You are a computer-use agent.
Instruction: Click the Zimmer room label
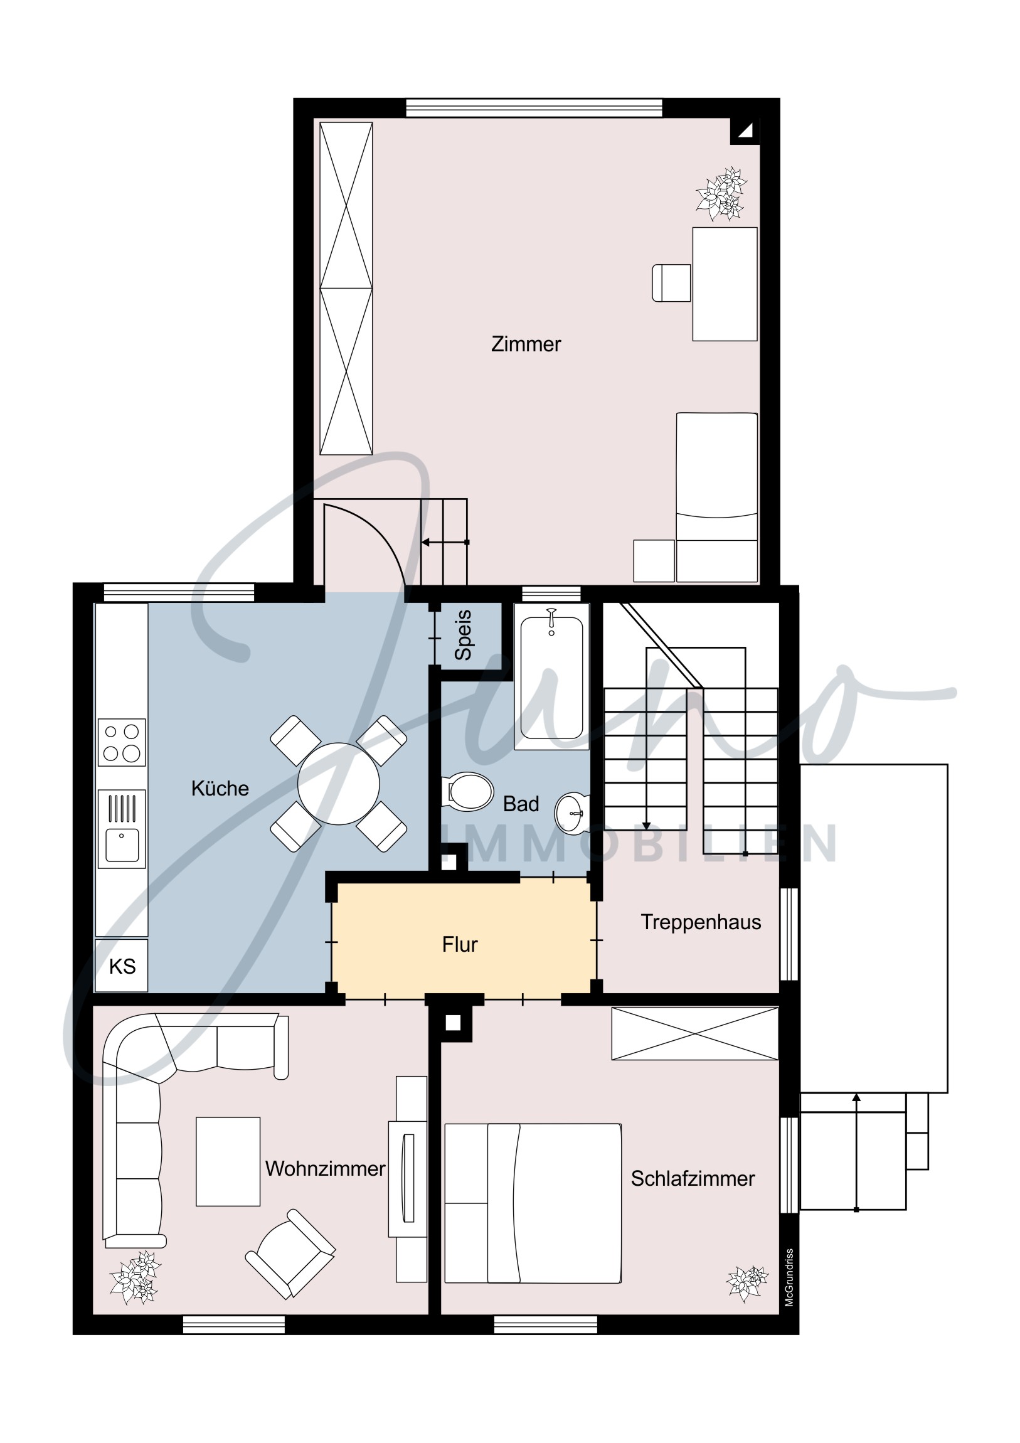[526, 344]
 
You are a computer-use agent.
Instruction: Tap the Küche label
[220, 789]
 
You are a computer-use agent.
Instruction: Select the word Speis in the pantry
[463, 635]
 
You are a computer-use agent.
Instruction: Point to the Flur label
[460, 945]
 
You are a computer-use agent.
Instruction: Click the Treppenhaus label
[701, 923]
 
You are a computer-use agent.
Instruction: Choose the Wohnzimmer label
[325, 1169]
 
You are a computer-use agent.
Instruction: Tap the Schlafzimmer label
[693, 1179]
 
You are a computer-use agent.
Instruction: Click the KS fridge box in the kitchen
[122, 966]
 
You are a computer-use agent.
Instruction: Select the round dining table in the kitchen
[339, 784]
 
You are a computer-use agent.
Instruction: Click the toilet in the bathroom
[467, 791]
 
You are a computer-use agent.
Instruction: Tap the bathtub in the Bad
[551, 677]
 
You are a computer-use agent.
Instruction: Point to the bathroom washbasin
[573, 813]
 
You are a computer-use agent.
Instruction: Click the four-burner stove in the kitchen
[122, 742]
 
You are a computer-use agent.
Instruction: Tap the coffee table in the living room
[228, 1161]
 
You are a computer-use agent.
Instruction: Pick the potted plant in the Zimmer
[721, 194]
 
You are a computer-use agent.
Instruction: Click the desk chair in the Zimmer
[671, 283]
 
